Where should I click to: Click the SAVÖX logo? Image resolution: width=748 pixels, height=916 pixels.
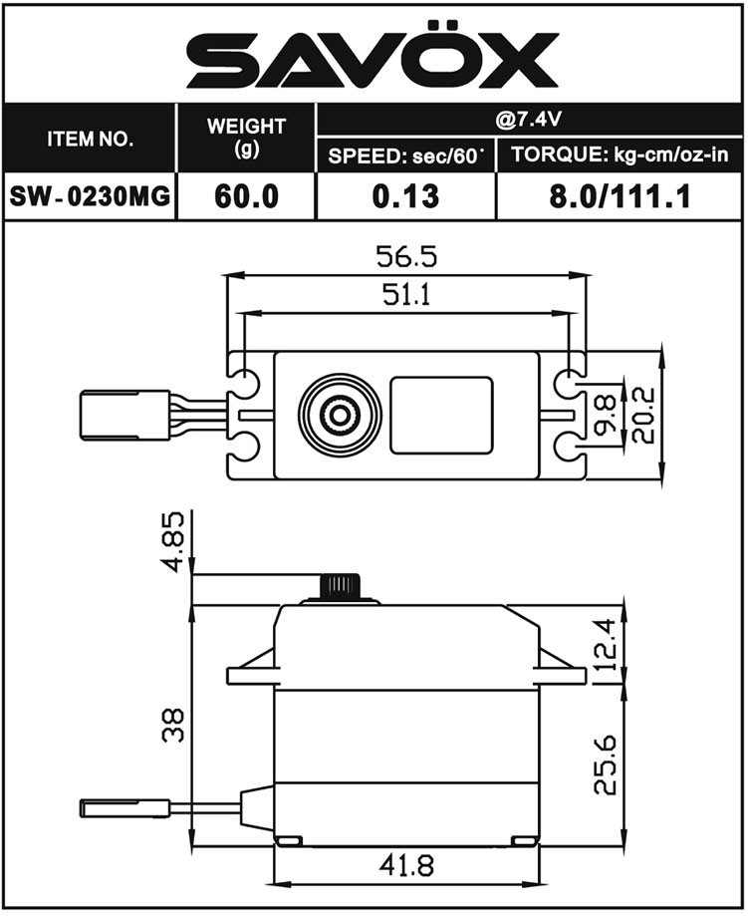373,56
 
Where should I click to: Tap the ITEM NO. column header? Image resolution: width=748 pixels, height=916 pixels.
90,139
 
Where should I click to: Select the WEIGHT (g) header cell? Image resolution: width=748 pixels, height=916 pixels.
246,138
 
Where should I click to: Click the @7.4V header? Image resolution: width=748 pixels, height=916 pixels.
529,120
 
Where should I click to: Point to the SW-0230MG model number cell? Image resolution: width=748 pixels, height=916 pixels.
90,196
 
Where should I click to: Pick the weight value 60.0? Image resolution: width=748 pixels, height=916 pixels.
246,196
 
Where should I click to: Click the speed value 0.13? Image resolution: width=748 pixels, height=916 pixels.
405,196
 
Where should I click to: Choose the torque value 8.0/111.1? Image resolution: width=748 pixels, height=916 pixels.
620,196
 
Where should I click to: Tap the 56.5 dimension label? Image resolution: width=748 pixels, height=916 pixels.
406,256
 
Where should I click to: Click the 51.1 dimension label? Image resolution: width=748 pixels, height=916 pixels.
406,295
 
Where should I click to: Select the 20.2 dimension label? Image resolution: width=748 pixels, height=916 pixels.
643,415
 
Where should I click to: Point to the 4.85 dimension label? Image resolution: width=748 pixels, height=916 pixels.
173,542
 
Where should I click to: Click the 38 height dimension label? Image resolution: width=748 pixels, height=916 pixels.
173,726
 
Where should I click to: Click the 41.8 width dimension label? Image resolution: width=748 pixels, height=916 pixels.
406,865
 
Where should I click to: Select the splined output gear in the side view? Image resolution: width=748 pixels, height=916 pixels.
340,586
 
